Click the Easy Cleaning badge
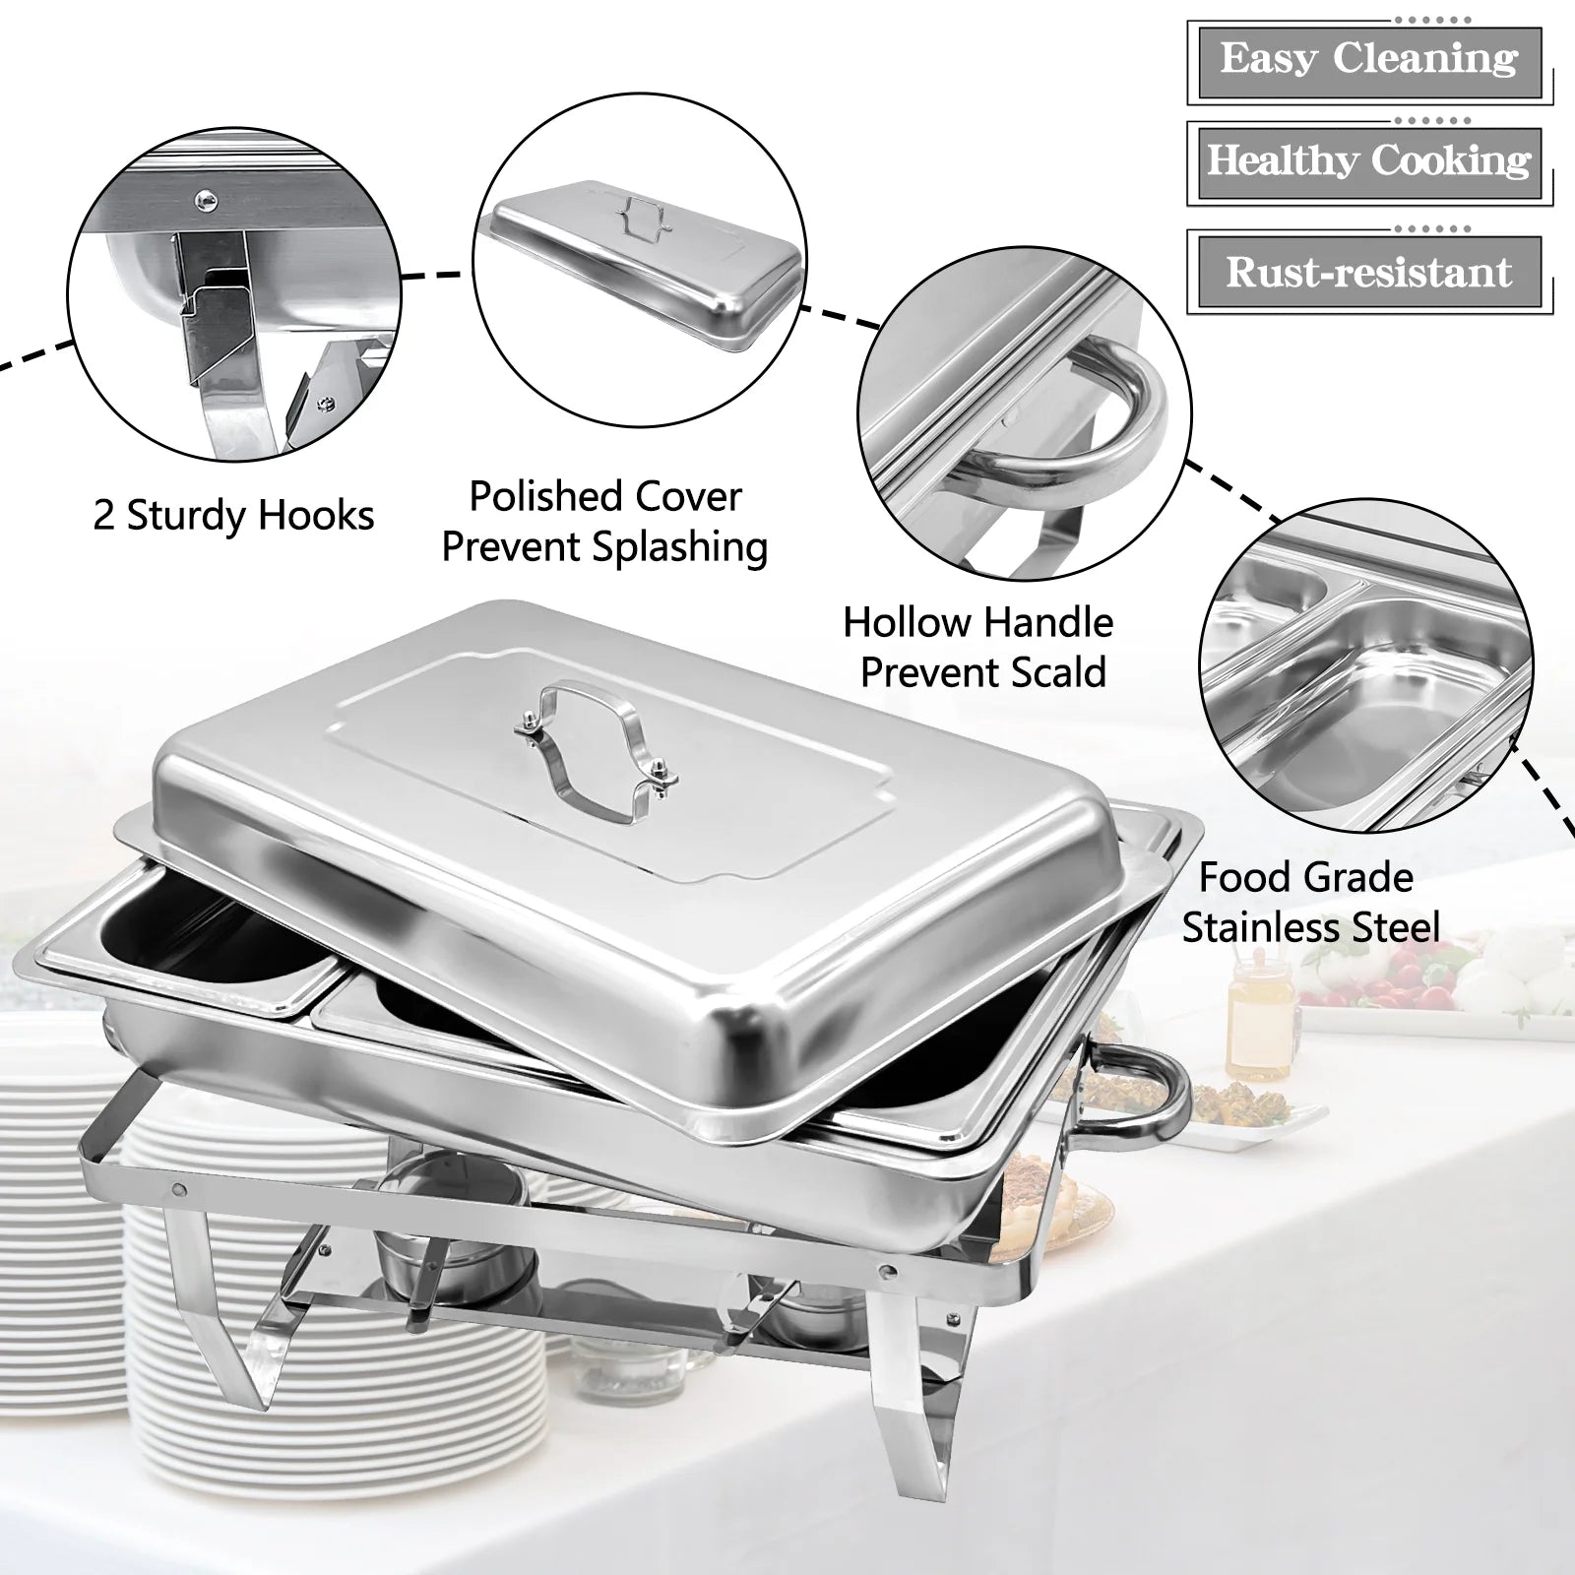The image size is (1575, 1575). pyautogui.click(x=1369, y=59)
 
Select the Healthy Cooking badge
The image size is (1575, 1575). pyautogui.click(x=1369, y=161)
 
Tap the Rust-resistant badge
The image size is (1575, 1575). pyautogui.click(x=1369, y=272)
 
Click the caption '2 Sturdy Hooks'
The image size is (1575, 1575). pyautogui.click(x=233, y=516)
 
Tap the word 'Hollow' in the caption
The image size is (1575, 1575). pyautogui.click(x=907, y=622)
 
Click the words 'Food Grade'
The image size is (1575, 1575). pyautogui.click(x=1306, y=877)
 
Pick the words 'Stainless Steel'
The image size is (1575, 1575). pyautogui.click(x=1310, y=927)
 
